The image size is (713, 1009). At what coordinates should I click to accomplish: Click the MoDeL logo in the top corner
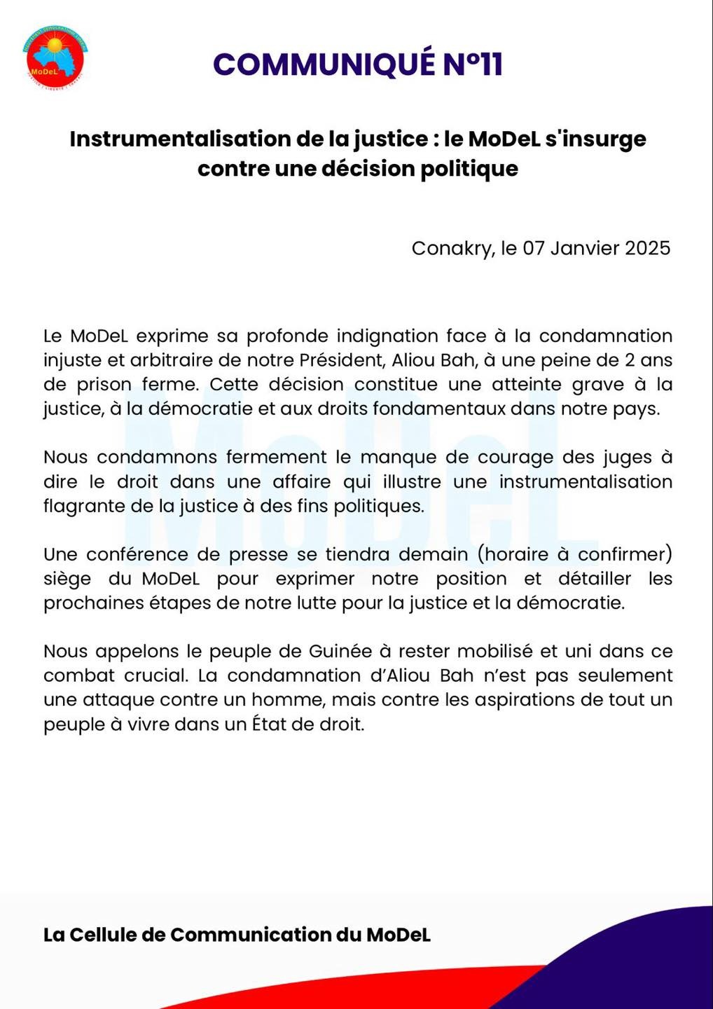tap(54, 57)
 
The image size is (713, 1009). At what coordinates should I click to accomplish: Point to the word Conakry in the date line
tap(452, 248)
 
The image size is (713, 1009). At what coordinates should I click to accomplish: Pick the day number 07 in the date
tap(534, 248)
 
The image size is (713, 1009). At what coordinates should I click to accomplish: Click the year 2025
tap(647, 248)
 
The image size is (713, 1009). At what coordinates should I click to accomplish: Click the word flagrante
tap(84, 506)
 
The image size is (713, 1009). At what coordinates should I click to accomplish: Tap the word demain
tap(434, 554)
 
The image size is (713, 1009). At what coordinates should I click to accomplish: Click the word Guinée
tap(340, 652)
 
